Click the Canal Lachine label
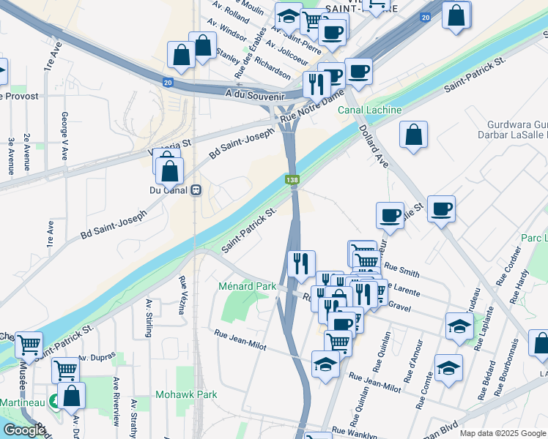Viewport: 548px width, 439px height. tap(369, 110)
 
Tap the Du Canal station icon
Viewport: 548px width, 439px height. tap(196, 190)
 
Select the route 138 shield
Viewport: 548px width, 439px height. tap(292, 179)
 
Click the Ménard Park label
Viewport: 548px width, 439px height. tap(247, 286)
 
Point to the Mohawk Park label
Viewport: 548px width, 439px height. tap(186, 394)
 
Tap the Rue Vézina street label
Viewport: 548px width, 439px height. tap(181, 295)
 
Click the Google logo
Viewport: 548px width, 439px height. tap(23, 430)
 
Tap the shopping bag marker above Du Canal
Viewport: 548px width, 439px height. tap(170, 171)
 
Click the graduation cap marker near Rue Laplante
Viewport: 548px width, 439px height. tap(459, 326)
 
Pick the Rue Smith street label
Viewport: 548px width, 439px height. tap(401, 269)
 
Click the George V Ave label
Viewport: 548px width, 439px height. tap(64, 135)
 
